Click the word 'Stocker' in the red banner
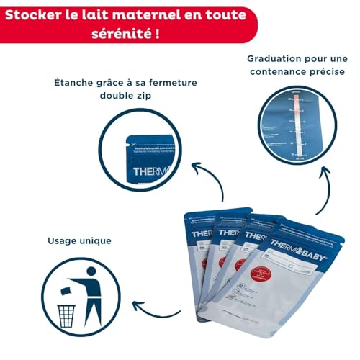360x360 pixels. pos(35,14)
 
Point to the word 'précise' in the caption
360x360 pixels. pos(320,72)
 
